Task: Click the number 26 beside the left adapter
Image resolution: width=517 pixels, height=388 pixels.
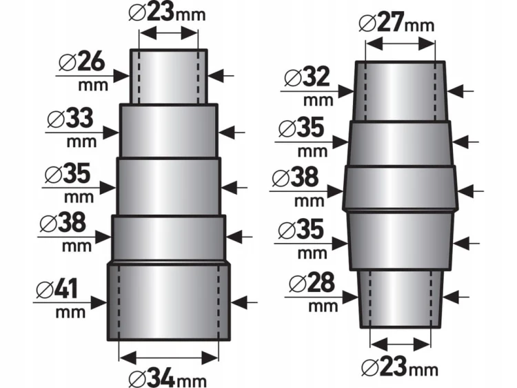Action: (91, 61)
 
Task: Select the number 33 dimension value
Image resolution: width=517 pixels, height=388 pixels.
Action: (79, 118)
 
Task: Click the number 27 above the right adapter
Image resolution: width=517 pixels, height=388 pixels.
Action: (391, 22)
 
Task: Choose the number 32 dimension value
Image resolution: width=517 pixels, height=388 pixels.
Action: (316, 76)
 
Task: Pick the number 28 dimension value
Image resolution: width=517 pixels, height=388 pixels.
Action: (321, 282)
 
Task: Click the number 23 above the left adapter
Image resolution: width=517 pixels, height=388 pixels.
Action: (161, 11)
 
